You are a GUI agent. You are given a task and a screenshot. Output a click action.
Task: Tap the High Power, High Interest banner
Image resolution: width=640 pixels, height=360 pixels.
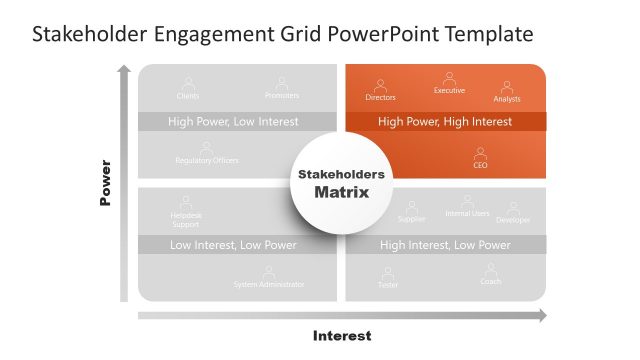tap(445, 122)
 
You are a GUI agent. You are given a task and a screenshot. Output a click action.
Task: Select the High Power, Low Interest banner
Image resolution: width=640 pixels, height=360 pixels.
tap(233, 122)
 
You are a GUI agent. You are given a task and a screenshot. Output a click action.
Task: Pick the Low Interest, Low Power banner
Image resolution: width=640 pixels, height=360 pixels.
tap(233, 245)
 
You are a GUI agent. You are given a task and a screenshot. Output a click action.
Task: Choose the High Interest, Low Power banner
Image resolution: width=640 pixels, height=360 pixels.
tap(445, 245)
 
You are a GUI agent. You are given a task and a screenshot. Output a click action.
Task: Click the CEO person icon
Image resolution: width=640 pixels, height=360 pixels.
tap(480, 154)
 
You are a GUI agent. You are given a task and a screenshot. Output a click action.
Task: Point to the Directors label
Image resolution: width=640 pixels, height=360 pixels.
tap(381, 98)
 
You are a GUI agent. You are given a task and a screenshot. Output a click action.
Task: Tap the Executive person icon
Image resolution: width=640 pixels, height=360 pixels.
tap(449, 78)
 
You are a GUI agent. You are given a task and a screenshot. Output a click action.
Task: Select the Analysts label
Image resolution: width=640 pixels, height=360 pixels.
tap(507, 99)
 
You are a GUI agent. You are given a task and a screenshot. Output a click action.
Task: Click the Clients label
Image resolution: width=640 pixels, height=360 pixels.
tap(188, 96)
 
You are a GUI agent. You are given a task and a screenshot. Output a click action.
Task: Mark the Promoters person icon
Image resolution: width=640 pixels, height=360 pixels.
tap(282, 84)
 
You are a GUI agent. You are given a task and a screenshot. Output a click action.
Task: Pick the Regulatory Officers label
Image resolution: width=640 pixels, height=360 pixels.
tap(207, 161)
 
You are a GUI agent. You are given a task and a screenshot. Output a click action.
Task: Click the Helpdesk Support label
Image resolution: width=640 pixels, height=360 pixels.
tap(185, 220)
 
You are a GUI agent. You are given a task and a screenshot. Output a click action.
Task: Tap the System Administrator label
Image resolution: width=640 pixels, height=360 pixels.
tap(269, 285)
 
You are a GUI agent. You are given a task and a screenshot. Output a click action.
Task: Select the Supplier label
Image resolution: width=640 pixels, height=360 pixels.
tap(412, 219)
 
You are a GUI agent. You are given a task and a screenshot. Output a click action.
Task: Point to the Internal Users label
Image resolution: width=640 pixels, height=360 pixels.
tap(467, 213)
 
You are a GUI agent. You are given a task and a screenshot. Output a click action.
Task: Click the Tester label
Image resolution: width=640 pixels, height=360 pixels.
tap(387, 285)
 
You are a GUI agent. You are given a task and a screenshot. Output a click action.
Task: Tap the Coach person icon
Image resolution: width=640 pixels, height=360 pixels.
tap(491, 269)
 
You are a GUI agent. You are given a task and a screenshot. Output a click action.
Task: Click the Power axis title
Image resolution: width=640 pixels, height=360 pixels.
tap(105, 183)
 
